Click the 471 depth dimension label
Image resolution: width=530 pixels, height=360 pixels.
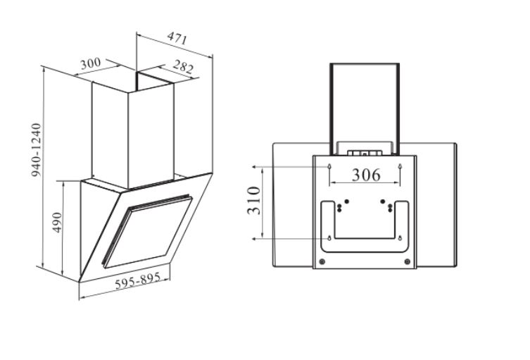click(177, 39)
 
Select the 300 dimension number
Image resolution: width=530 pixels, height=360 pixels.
click(91, 63)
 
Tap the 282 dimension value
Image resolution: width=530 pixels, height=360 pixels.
click(183, 67)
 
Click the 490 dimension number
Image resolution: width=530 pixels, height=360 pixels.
click(58, 223)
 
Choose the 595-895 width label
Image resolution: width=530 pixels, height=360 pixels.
click(137, 281)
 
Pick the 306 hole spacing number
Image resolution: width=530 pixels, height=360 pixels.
click(366, 175)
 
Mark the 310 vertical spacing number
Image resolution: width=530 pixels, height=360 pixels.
click(254, 201)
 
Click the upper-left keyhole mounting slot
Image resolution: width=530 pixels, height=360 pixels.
click(329, 166)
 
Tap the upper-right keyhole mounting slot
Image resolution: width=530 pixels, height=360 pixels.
click(400, 166)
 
